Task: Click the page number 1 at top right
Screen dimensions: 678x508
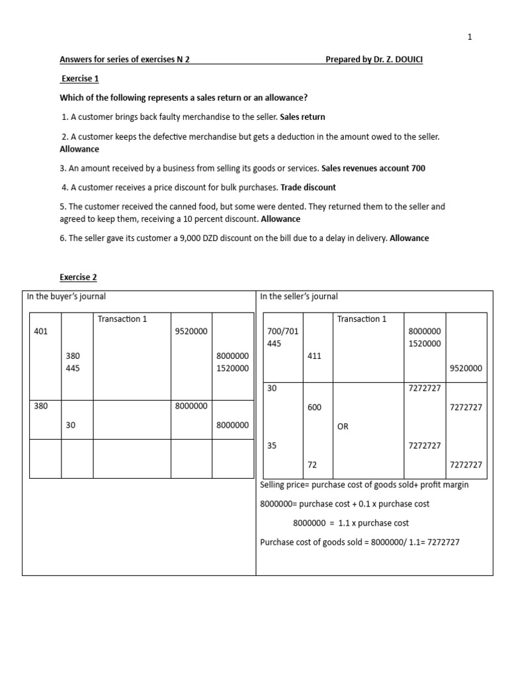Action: pos(470,37)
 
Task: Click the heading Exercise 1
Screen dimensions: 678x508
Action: pos(79,78)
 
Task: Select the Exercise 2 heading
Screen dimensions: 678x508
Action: pos(78,277)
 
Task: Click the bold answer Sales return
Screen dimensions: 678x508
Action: pos(302,117)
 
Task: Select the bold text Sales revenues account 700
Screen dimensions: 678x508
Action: pos(373,168)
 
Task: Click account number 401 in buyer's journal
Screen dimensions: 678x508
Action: pos(40,331)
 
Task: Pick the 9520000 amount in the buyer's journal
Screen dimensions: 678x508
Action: pos(191,331)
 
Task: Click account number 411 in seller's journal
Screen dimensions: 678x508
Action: pos(314,356)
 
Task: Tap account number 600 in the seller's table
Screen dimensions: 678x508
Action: pos(314,407)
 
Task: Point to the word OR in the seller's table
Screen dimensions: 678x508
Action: pos(343,427)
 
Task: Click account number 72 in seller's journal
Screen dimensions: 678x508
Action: pos(312,465)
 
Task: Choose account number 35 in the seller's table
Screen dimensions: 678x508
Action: pos(271,446)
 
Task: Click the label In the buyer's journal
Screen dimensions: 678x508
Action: pos(66,297)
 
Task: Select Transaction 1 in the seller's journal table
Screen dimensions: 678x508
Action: pos(362,319)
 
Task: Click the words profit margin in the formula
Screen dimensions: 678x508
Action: pos(443,485)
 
